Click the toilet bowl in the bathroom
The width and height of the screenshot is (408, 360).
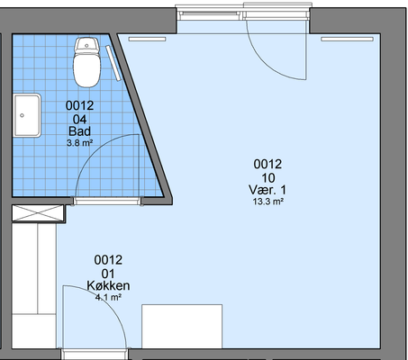click(86, 70)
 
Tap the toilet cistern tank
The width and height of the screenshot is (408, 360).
click(86, 45)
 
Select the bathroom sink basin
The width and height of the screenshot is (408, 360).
click(27, 115)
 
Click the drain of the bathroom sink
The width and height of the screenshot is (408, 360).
click(22, 115)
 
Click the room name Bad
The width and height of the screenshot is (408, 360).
click(79, 131)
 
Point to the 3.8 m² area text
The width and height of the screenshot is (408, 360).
click(79, 143)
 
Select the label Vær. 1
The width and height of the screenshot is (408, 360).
click(267, 190)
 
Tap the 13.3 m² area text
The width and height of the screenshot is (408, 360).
click(268, 202)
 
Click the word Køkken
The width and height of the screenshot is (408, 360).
click(108, 285)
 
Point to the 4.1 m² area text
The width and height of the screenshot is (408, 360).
click(108, 297)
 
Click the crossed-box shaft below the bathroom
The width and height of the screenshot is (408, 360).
click(38, 212)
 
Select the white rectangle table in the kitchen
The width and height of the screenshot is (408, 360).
click(182, 327)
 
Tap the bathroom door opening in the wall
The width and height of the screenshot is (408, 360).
click(107, 201)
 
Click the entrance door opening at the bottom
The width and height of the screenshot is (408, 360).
click(95, 354)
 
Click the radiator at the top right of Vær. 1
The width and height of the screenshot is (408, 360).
click(348, 40)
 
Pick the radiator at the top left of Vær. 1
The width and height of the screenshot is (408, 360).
click(147, 40)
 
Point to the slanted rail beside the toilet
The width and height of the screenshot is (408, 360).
click(113, 63)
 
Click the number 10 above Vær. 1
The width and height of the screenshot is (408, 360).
click(268, 178)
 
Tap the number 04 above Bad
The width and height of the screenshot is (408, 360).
click(79, 120)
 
